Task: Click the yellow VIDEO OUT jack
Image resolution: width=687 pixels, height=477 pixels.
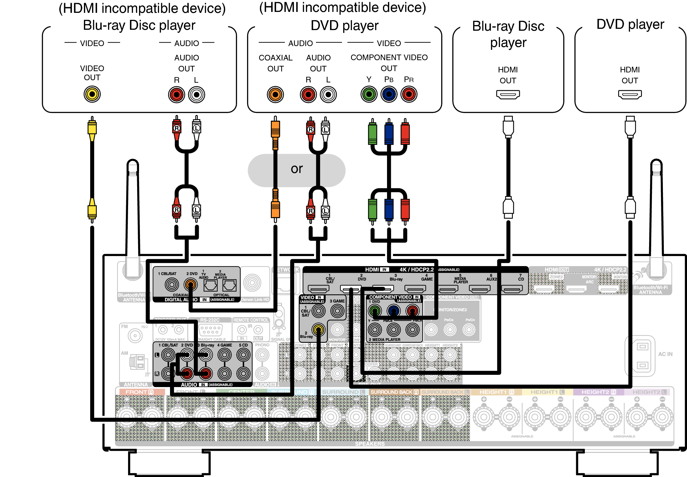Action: coord(92,94)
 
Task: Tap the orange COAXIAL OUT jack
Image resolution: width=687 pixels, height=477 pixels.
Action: coord(275,94)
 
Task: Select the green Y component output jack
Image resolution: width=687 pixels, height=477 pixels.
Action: coord(369,94)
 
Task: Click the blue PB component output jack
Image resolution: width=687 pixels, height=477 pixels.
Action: coord(389,94)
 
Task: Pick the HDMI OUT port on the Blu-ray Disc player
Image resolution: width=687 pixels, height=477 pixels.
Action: coord(508,94)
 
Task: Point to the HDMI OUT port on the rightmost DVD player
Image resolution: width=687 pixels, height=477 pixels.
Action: coord(630,94)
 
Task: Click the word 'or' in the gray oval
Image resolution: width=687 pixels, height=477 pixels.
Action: coord(297,169)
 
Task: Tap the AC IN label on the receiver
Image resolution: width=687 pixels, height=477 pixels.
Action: coord(665,354)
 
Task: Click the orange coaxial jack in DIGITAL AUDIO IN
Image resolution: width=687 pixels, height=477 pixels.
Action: coord(190,285)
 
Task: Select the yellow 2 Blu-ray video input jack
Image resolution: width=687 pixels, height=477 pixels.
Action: coord(318,330)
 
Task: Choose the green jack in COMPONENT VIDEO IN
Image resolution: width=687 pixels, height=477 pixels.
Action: coord(375,311)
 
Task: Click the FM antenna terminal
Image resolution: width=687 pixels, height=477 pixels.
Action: coord(135,336)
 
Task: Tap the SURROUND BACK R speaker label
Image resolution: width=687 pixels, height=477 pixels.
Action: coord(394,392)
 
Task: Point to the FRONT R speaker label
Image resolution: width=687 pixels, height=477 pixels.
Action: coord(139,392)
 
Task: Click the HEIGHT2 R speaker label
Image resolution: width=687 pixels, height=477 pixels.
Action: coord(598,392)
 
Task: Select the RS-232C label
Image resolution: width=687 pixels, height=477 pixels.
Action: coord(210,320)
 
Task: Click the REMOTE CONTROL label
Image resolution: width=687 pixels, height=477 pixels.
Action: coord(251,320)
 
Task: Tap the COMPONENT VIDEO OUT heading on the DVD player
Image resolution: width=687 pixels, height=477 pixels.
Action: coord(389,63)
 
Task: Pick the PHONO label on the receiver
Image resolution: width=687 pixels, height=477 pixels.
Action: coord(262,345)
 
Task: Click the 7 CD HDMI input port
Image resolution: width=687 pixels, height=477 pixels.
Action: coord(512,289)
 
